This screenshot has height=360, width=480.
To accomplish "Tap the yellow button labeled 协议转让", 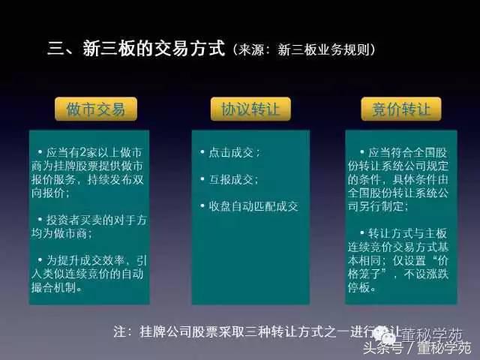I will (250, 109).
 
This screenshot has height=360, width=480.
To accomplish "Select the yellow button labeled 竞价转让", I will (401, 109).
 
